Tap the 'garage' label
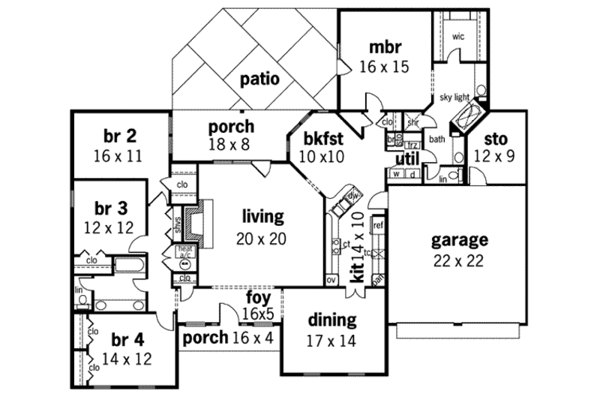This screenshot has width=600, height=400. coord(460,241)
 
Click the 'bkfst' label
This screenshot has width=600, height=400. coord(324,139)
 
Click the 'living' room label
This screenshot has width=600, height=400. coord(262,218)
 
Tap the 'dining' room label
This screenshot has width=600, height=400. coord(331,320)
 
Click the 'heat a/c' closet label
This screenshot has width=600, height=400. coord(184,251)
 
